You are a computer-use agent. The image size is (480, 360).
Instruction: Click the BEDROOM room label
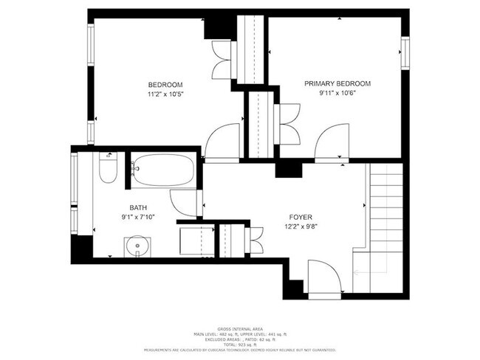(x=165, y=84)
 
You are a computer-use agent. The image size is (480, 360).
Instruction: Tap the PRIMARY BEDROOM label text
(x=337, y=83)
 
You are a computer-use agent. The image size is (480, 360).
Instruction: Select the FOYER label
(x=301, y=217)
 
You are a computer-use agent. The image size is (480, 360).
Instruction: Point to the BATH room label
(x=138, y=208)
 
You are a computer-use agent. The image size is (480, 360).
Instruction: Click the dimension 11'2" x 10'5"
(x=165, y=94)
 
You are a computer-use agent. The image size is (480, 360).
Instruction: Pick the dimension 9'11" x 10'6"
(x=337, y=94)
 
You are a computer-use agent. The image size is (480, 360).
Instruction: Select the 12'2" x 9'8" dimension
(x=301, y=227)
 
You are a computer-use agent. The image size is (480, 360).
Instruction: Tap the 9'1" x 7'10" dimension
(x=138, y=218)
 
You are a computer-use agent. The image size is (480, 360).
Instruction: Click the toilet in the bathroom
(x=107, y=169)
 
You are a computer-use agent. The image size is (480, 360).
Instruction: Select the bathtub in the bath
(x=163, y=170)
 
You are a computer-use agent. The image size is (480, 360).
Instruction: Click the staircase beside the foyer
(x=385, y=221)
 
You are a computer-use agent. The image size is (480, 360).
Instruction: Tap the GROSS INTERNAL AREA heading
(x=240, y=328)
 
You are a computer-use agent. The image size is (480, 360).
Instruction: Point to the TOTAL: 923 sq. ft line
(x=240, y=344)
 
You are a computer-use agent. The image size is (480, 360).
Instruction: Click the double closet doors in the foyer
(x=256, y=238)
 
